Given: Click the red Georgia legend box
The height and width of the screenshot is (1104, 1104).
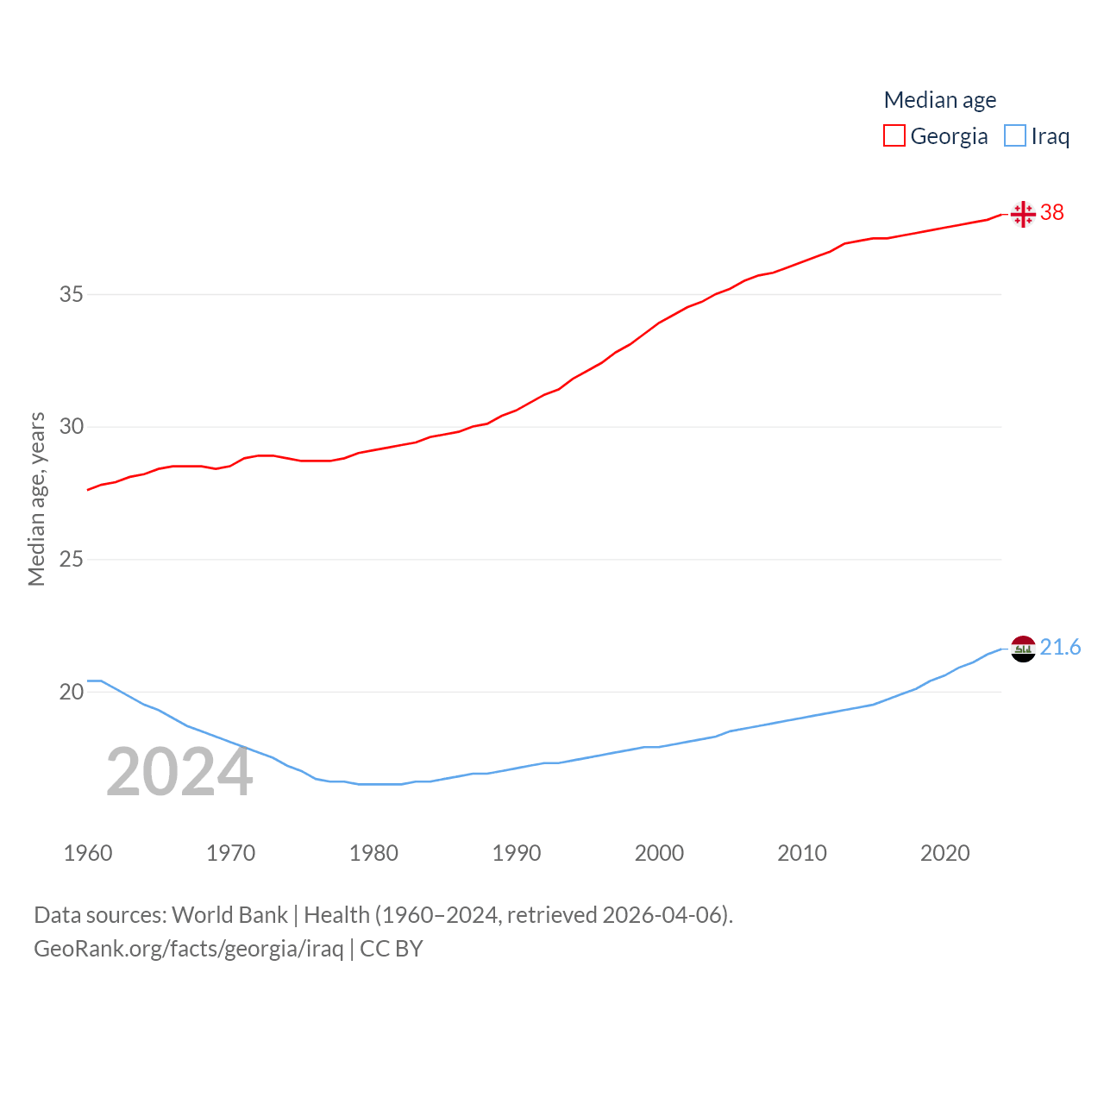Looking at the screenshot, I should click(894, 136).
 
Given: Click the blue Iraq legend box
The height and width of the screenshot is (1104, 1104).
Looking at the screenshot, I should click(1015, 136).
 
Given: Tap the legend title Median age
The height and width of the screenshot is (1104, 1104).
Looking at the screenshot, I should click(940, 100).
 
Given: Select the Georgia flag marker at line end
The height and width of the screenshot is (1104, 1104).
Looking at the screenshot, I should click(1023, 213).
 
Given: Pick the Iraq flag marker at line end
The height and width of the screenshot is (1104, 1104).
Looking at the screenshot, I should click(1023, 649).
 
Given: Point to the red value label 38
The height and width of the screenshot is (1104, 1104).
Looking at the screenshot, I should click(1052, 212).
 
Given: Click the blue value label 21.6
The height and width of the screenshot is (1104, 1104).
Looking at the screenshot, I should click(1060, 647).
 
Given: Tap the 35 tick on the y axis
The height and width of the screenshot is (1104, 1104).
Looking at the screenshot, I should click(72, 294).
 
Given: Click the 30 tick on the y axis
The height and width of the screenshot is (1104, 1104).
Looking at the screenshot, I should click(72, 427).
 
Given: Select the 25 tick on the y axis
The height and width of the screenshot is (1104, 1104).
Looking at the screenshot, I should click(72, 559).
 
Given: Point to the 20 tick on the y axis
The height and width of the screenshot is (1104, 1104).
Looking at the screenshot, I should click(72, 692).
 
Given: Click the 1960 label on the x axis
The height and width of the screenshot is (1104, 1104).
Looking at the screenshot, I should click(88, 853).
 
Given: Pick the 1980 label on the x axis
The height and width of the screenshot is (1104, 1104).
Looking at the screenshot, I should click(373, 853).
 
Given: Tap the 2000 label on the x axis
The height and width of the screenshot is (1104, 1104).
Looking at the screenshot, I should click(659, 853).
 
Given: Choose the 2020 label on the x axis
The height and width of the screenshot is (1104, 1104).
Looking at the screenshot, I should click(944, 853).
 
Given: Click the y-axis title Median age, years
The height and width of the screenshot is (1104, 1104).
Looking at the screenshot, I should click(36, 499).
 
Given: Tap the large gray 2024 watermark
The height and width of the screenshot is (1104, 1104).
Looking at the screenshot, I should click(179, 773).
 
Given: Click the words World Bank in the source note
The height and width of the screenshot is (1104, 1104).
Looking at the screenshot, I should click(229, 915).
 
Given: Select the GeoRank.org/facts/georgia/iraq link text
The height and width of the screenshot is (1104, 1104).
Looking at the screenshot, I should click(188, 949).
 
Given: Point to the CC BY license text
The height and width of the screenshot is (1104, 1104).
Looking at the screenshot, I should click(391, 949).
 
